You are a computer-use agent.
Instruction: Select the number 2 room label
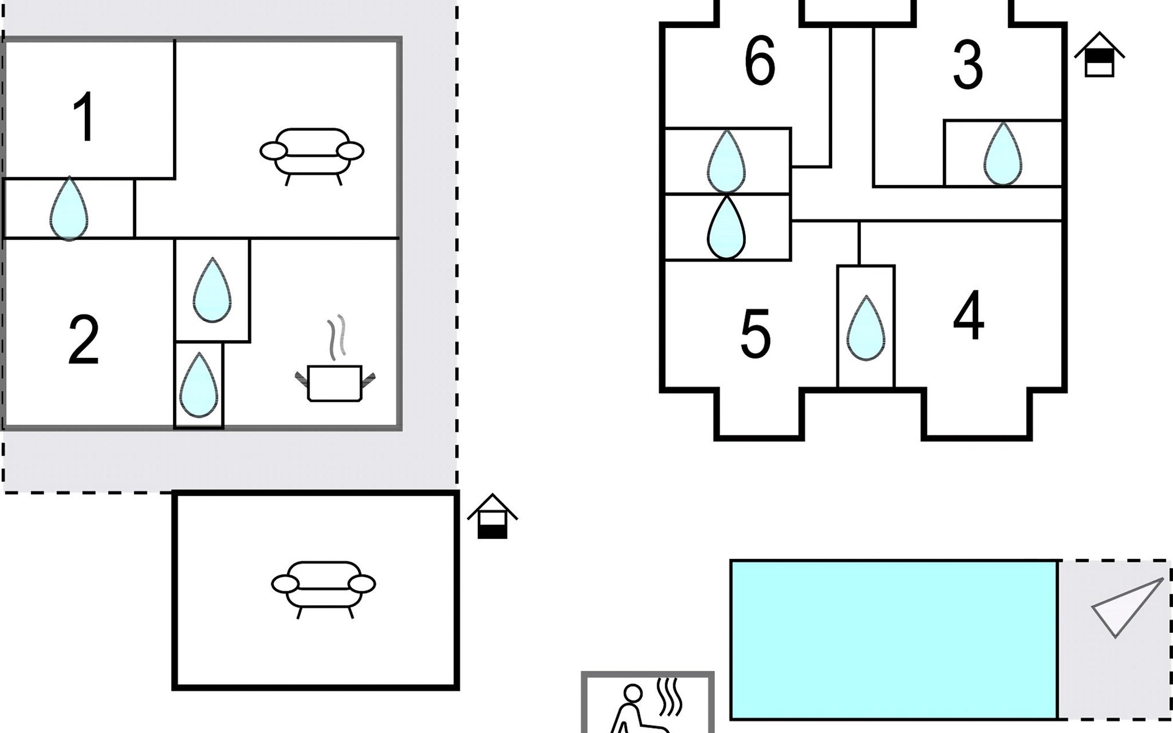coord(84,340)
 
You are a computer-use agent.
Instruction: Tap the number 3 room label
coord(968,65)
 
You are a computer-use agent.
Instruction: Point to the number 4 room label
coord(969,315)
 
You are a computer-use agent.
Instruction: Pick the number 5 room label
coord(755,334)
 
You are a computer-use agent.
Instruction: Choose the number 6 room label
coord(760,60)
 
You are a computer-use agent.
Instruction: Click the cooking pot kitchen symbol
coord(335,383)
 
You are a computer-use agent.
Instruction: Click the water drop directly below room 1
coord(69,209)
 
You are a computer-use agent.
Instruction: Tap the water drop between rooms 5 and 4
coord(866,328)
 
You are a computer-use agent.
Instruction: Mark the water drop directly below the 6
coord(726,161)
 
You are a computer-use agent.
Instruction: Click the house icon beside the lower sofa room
coord(492,517)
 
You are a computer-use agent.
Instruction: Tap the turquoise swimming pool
coord(894,640)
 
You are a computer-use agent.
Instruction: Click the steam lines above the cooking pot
coord(337,337)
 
